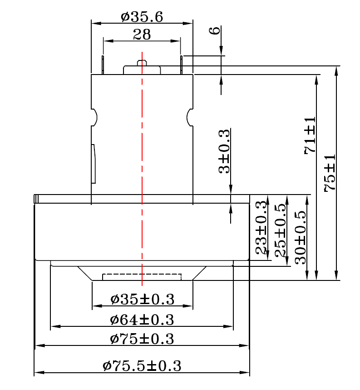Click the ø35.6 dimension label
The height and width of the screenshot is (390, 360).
point(142,17)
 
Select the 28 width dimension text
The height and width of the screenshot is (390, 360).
point(142,35)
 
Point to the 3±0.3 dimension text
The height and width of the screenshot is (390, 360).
point(224,151)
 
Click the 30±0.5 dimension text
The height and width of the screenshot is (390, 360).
point(301,238)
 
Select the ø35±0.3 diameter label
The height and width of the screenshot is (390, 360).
point(143,299)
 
